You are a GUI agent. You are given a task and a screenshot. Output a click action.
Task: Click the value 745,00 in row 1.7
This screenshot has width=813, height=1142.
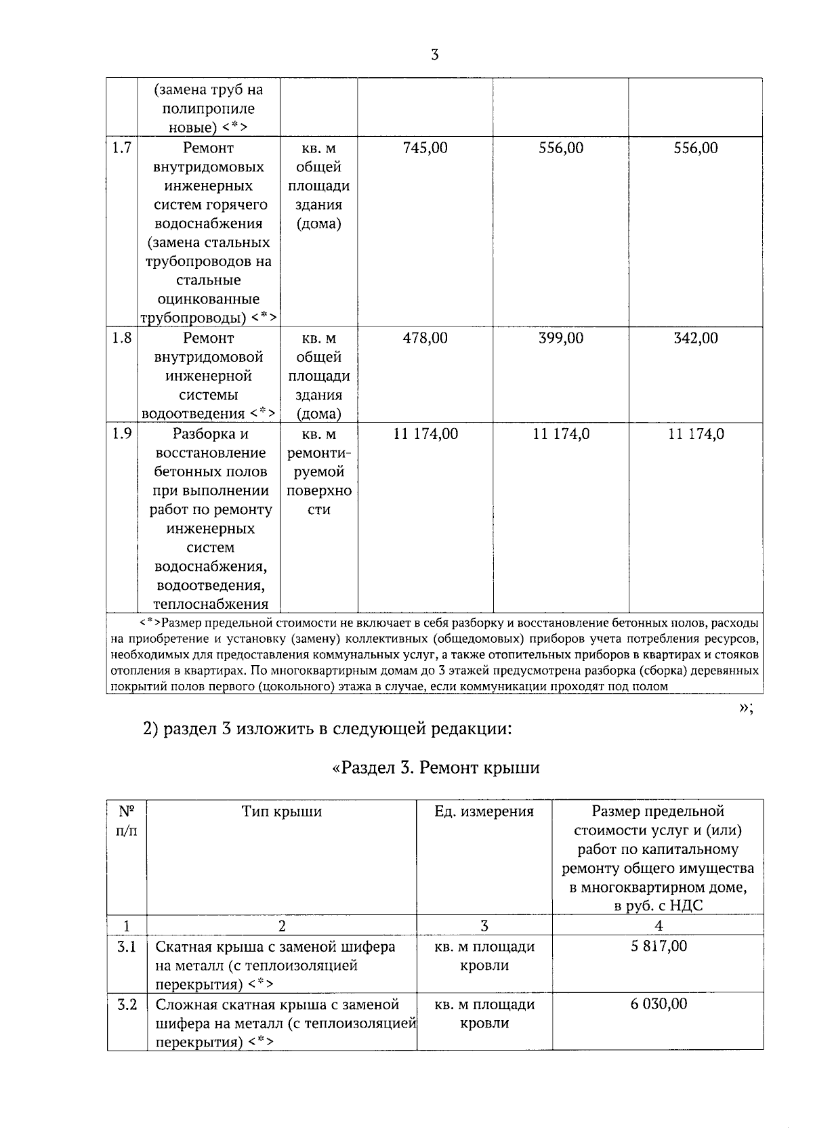425,148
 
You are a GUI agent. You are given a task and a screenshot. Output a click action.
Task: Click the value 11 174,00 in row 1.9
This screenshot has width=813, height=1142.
425,434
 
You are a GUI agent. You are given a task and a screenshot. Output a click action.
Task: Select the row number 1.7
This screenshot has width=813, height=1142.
122,148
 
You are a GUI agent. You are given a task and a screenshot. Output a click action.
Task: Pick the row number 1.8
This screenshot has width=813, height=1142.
122,338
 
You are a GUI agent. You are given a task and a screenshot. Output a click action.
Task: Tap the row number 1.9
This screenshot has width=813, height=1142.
122,433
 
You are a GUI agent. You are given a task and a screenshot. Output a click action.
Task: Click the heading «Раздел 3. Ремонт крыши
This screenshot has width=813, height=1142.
436,768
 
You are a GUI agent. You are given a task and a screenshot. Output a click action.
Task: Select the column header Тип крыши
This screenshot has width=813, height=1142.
281,811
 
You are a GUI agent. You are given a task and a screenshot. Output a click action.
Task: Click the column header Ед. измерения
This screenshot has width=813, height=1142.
484,811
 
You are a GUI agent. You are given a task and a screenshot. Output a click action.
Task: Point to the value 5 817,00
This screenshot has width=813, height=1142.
658,946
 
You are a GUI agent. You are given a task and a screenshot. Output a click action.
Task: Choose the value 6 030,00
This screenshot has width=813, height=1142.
658,1004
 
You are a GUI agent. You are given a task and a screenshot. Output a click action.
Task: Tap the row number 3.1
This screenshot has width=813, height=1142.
127,946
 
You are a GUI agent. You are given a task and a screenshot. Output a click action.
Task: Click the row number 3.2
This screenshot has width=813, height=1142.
127,1004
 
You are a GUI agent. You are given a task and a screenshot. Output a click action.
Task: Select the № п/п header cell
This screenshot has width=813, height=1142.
127,820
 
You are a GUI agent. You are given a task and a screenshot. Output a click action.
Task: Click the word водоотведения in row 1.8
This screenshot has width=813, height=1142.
192,414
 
